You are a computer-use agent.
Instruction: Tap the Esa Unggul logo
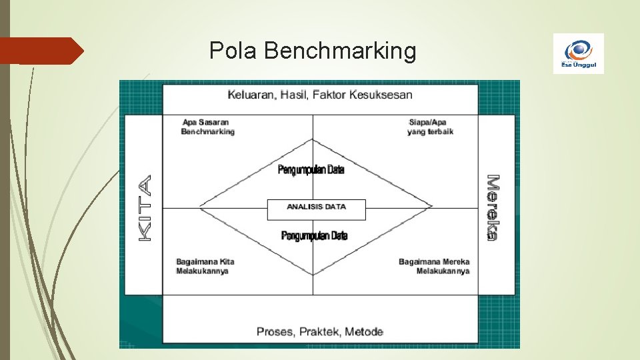click(578, 53)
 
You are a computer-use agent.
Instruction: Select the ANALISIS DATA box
click(316, 207)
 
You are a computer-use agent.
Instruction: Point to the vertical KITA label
click(145, 207)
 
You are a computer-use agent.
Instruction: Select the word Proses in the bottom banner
click(276, 331)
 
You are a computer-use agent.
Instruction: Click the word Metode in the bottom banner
click(364, 331)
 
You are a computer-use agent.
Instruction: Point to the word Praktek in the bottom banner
click(320, 331)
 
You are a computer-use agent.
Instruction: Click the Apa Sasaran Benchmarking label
click(208, 127)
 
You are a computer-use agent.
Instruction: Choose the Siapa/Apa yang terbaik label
click(430, 127)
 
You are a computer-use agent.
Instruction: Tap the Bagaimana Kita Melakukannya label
click(205, 266)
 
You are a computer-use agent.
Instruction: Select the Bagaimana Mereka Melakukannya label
click(435, 266)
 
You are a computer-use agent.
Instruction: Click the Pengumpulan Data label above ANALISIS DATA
click(311, 170)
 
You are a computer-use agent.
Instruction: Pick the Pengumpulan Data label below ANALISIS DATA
click(314, 236)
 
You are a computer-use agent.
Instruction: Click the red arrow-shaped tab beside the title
click(40, 51)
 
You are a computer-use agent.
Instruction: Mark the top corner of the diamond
click(313, 139)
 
